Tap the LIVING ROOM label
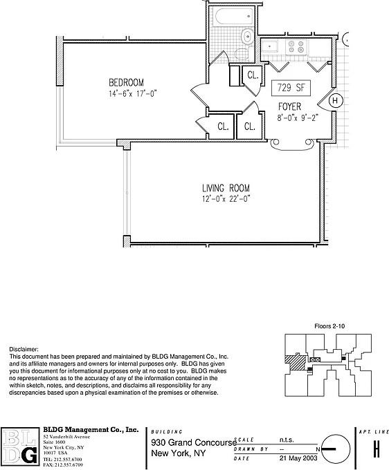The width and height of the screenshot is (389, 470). tap(225, 189)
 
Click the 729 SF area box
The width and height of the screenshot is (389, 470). tap(291, 88)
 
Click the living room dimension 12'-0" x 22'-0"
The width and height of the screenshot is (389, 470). tap(226, 199)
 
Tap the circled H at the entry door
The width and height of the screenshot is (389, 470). tap(335, 101)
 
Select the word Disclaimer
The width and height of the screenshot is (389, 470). tap(24, 350)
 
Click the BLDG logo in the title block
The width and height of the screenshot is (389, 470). tap(20, 447)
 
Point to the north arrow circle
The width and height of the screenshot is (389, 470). tap(335, 449)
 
